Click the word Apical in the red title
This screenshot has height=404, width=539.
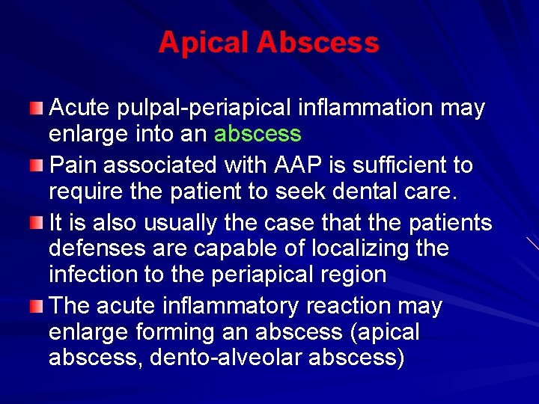click(203, 43)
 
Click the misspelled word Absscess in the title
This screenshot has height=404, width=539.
click(317, 43)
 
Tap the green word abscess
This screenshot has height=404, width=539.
click(258, 135)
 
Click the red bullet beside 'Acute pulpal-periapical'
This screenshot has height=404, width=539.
click(37, 110)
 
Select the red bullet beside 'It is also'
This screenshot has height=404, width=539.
click(37, 222)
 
